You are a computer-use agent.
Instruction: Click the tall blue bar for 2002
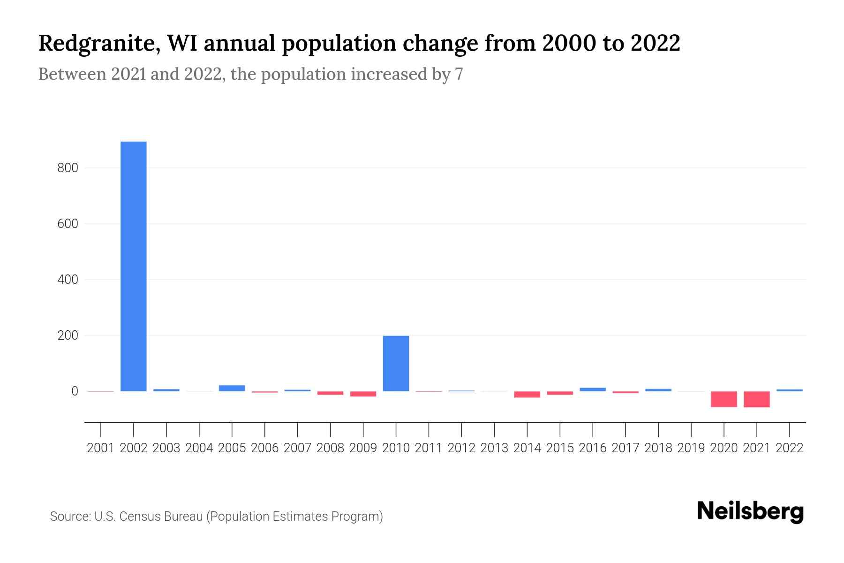(134, 266)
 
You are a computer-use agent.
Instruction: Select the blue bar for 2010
(396, 363)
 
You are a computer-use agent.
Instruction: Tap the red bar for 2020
(724, 399)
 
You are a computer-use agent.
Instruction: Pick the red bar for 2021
(757, 399)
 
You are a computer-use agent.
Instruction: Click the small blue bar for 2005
(232, 388)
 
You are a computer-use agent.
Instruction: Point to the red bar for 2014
(527, 394)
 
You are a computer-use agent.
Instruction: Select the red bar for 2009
(363, 394)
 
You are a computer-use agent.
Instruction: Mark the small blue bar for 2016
(593, 389)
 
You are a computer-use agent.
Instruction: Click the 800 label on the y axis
(68, 168)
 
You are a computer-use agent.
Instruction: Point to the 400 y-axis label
(68, 280)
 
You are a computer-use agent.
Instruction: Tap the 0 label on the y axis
(74, 391)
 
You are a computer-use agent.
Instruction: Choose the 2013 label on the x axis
(494, 448)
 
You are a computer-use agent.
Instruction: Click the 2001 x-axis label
(101, 448)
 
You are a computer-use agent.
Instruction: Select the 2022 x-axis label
(790, 448)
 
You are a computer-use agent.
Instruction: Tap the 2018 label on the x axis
(658, 448)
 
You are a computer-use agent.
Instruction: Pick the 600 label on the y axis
(68, 224)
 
